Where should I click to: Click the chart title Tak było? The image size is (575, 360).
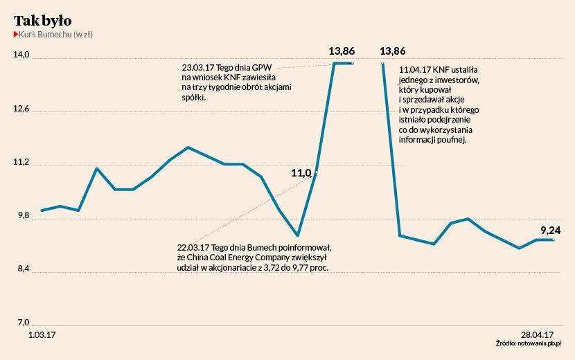pos(42,21)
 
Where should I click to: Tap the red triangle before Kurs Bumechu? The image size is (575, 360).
pos(16,34)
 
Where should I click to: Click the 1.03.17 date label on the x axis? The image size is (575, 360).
pos(42,334)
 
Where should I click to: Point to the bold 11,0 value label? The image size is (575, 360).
pos(301,173)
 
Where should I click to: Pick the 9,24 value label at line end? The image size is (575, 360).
pos(551,231)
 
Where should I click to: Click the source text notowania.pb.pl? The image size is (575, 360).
pos(538,343)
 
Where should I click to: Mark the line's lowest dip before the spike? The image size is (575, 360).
pos(297,235)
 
